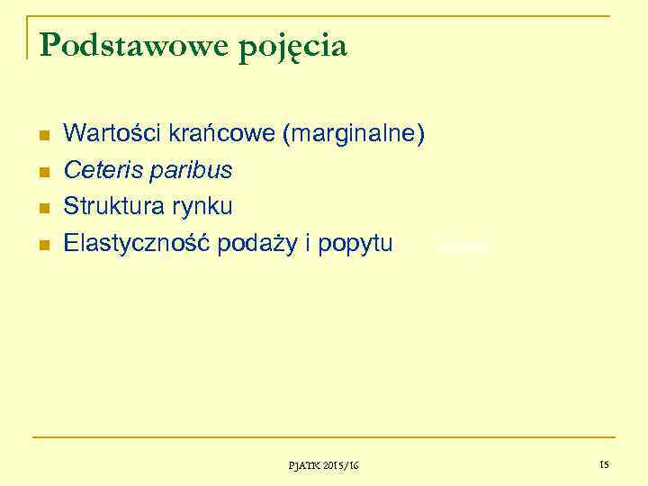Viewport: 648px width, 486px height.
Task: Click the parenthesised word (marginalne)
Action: tap(354, 135)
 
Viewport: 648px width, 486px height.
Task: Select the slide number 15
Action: tap(603, 464)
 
